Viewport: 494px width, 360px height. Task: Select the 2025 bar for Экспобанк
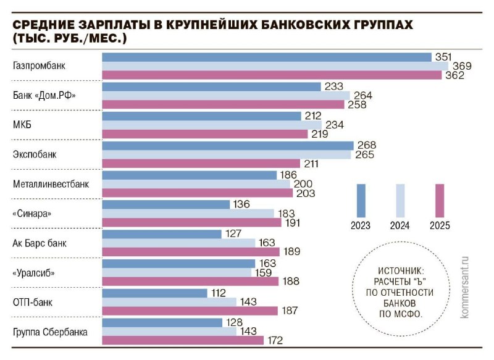click(201, 164)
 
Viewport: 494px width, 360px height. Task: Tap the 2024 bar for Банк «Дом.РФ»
click(225, 96)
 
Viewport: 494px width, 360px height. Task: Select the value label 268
click(366, 145)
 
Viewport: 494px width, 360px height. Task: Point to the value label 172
click(276, 340)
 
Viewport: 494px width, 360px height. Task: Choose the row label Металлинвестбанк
click(51, 184)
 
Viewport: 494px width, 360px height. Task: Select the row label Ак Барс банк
click(40, 243)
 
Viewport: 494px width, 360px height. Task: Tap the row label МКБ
click(22, 125)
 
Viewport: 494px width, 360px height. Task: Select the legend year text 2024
click(400, 225)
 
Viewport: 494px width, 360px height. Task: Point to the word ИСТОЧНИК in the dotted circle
click(398, 270)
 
